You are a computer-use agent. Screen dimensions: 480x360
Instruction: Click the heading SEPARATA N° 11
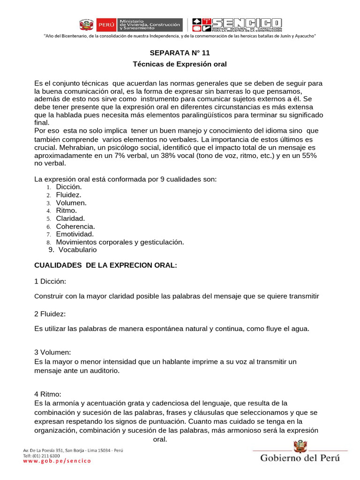[x=180, y=53]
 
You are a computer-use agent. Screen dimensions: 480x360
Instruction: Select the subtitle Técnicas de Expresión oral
[x=180, y=64]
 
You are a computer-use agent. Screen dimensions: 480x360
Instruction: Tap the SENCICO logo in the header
[x=237, y=25]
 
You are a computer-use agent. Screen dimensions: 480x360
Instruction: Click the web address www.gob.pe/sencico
[x=57, y=461]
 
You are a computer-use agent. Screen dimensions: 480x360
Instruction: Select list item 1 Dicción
[x=69, y=187]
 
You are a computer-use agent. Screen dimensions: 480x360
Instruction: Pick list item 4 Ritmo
[x=66, y=210]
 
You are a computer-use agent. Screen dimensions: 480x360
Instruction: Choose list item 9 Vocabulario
[x=77, y=250]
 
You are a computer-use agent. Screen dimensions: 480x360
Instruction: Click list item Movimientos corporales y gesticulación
[x=120, y=242]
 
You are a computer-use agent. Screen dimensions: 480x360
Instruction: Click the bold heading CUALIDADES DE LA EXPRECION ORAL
[x=105, y=265]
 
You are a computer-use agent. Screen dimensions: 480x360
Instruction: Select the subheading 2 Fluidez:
[x=50, y=313]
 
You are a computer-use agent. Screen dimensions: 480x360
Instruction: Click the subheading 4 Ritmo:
[x=48, y=394]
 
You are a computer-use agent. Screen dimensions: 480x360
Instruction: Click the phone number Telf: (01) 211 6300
[x=42, y=456]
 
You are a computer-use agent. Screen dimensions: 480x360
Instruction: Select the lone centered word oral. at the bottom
[x=160, y=439]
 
